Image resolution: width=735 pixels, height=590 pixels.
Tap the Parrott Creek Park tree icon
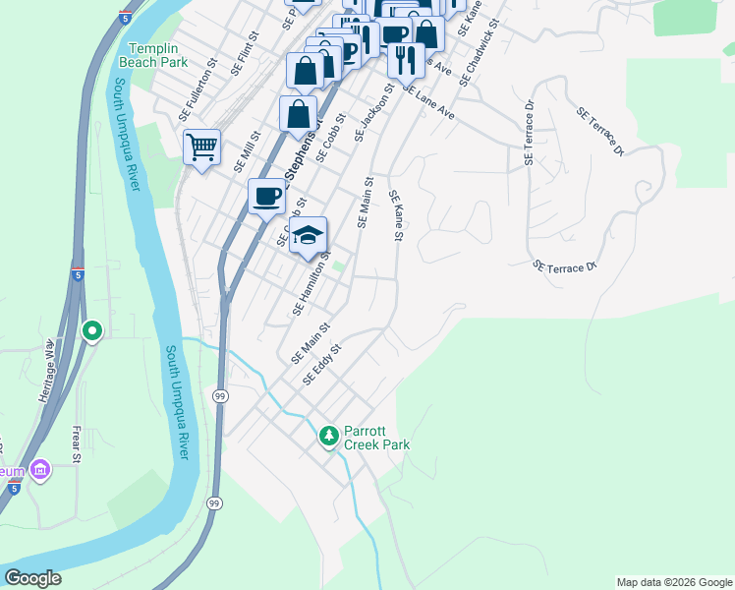click(330, 434)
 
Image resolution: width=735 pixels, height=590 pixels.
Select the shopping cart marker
click(201, 148)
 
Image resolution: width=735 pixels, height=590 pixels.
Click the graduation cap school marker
click(308, 235)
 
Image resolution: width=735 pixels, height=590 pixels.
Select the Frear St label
click(76, 442)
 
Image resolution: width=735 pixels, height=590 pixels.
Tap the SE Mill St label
click(247, 151)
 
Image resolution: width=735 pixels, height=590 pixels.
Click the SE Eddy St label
click(321, 364)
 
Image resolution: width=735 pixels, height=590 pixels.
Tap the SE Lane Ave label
click(429, 101)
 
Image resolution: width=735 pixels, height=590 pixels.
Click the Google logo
click(32, 578)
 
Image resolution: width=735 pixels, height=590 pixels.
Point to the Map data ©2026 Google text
click(674, 582)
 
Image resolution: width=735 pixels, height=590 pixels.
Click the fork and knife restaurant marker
click(405, 59)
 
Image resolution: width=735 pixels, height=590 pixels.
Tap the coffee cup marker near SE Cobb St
click(266, 197)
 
